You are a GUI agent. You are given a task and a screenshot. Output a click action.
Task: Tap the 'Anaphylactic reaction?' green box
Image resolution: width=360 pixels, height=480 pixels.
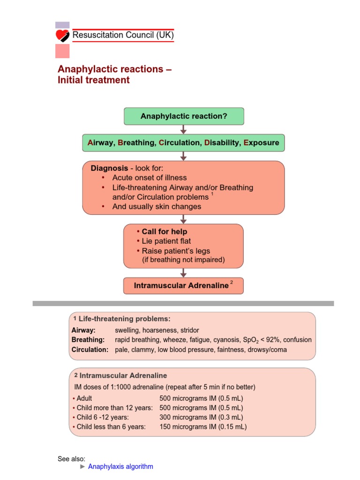pos(184,116)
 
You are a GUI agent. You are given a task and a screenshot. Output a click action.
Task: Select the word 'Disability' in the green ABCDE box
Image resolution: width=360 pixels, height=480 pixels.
pos(221,142)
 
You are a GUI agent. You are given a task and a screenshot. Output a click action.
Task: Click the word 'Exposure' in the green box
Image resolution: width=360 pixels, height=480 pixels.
pos(261,142)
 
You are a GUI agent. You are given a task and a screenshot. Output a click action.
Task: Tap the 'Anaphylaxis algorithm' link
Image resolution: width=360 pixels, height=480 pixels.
pos(120,466)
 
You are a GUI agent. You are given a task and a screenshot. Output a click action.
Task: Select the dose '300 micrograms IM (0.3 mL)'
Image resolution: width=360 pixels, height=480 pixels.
pos(202,417)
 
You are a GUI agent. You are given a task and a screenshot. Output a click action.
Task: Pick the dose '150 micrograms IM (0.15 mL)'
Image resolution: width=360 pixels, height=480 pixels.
pos(203,427)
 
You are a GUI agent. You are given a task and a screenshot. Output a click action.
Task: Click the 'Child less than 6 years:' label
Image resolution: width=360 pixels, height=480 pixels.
pos(111,427)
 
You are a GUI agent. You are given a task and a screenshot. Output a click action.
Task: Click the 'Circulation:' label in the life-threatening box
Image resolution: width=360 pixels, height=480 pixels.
pos(90,349)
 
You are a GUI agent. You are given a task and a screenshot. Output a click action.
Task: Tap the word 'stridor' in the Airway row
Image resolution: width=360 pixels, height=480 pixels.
pos(189,330)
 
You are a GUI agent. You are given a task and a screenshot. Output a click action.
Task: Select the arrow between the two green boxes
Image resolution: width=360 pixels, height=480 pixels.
pos(184,129)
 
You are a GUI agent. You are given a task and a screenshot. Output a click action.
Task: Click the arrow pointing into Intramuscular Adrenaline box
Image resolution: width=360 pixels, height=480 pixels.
pos(184,272)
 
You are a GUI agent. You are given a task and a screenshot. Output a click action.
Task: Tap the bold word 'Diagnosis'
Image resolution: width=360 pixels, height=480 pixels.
pos(109,168)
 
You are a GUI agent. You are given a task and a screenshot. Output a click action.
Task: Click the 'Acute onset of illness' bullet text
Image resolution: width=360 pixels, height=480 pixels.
pos(150,178)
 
